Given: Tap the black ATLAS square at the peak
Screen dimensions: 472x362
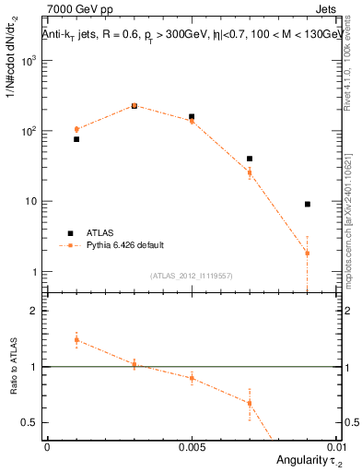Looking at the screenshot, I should tap(134, 106).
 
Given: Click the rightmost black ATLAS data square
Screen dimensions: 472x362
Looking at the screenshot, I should tap(307, 204).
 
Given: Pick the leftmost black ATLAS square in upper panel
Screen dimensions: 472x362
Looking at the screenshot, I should tap(76, 139).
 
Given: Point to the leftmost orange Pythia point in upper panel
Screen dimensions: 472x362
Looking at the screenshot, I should tap(76, 129).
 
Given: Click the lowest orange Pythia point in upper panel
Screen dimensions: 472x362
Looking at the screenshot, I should tap(307, 253).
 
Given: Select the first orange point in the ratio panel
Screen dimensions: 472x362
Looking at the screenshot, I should tap(76, 339).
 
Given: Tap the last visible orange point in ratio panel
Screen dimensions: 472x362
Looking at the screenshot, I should tap(249, 403).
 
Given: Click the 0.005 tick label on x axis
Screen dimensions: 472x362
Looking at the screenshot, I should tap(192, 446).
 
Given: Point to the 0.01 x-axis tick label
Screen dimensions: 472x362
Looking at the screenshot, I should tap(335, 446).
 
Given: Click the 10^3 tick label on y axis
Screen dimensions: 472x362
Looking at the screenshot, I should tap(31, 61).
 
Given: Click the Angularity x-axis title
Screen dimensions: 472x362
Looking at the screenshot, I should tap(305, 460).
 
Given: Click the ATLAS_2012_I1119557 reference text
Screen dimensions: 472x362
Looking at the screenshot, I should tap(193, 276).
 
